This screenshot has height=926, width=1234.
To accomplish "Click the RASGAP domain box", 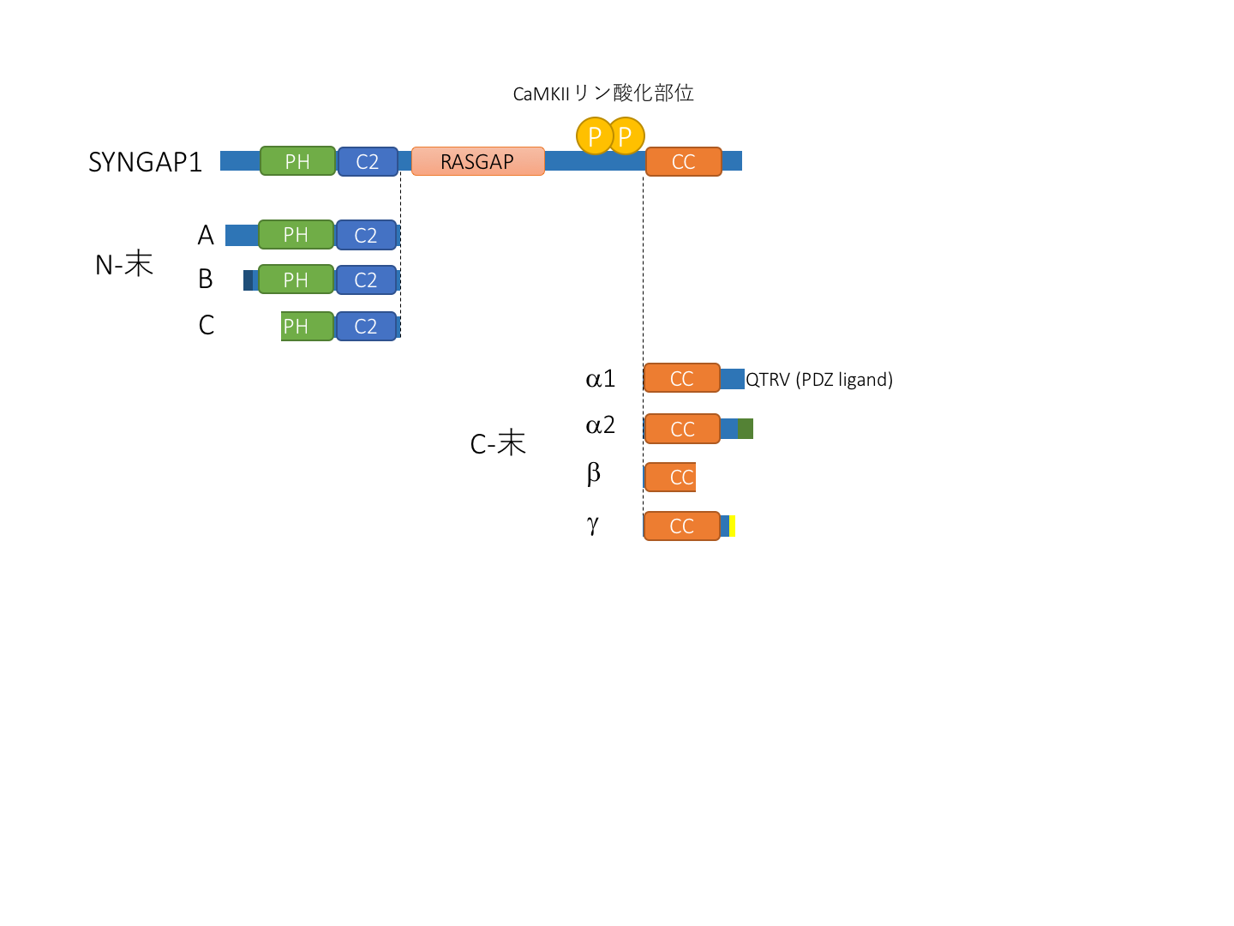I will [x=477, y=161].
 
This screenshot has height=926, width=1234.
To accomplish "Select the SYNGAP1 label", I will [x=145, y=162].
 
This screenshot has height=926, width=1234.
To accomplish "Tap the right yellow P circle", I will [x=627, y=135].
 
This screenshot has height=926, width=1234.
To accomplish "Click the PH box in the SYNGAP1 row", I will [x=297, y=161].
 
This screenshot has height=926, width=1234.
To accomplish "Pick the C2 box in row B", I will [x=366, y=280].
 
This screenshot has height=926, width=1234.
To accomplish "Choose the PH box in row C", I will [x=307, y=326].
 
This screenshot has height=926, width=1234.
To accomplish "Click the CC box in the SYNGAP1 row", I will [x=683, y=161].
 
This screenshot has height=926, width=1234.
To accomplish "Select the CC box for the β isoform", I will [x=670, y=477].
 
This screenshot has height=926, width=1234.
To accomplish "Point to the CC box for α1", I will [x=681, y=378].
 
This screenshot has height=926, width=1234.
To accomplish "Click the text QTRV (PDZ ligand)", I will [x=819, y=379].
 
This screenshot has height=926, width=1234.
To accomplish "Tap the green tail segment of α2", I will [x=746, y=429].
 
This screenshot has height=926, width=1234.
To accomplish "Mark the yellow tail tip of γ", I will [x=733, y=526].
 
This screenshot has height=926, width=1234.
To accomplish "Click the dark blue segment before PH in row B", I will [x=249, y=280].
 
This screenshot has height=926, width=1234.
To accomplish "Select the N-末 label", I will [x=124, y=265].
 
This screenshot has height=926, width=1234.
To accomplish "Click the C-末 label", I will [x=498, y=443].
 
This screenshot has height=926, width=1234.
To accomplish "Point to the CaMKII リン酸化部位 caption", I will [x=603, y=93].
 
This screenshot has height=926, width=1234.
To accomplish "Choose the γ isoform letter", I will [x=593, y=524].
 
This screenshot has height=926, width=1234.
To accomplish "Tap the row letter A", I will [x=206, y=235].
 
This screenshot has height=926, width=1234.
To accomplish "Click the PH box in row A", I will [x=296, y=234].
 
